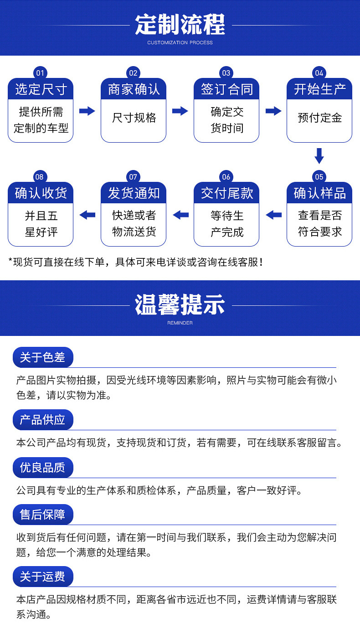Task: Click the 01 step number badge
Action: coord(40,73)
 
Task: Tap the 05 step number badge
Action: coord(319,177)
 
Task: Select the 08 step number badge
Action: coord(40,177)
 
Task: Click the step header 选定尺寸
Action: coord(41,89)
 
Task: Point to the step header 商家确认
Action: coord(134,89)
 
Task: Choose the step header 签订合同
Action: coord(226,89)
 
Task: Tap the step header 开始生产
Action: coord(319,89)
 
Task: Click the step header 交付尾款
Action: coord(226,193)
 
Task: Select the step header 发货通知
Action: coord(134,193)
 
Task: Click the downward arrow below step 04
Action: coord(319,155)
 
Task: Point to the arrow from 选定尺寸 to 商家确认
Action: coord(87,111)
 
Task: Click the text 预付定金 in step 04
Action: coord(319,118)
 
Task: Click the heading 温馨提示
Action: coord(180,304)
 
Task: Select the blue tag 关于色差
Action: coord(42,357)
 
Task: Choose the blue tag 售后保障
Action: coord(42,515)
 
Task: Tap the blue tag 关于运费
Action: coord(42,577)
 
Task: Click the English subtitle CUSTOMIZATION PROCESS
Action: coord(180,43)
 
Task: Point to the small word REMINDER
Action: coord(180,323)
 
